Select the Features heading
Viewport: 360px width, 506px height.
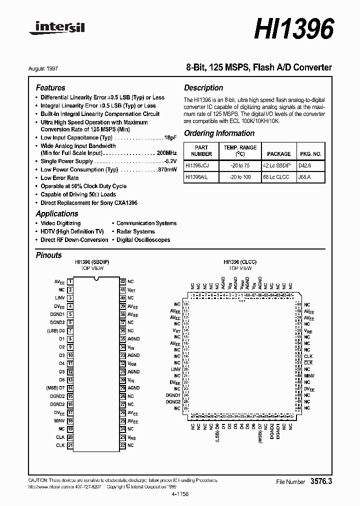(x=50, y=87)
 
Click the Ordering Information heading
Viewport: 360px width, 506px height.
(x=219, y=133)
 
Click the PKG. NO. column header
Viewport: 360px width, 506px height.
(x=310, y=154)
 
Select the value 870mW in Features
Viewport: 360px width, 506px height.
(x=167, y=170)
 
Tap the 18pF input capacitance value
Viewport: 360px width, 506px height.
(x=170, y=137)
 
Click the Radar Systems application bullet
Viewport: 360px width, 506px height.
(x=135, y=231)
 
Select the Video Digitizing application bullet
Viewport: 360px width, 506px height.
(x=60, y=223)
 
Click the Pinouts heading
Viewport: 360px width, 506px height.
(x=49, y=255)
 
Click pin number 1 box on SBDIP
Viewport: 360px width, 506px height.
(x=70, y=282)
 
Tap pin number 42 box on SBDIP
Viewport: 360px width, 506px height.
(x=122, y=282)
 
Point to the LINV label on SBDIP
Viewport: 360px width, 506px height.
(x=60, y=298)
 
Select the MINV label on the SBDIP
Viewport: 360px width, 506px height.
(x=59, y=421)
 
